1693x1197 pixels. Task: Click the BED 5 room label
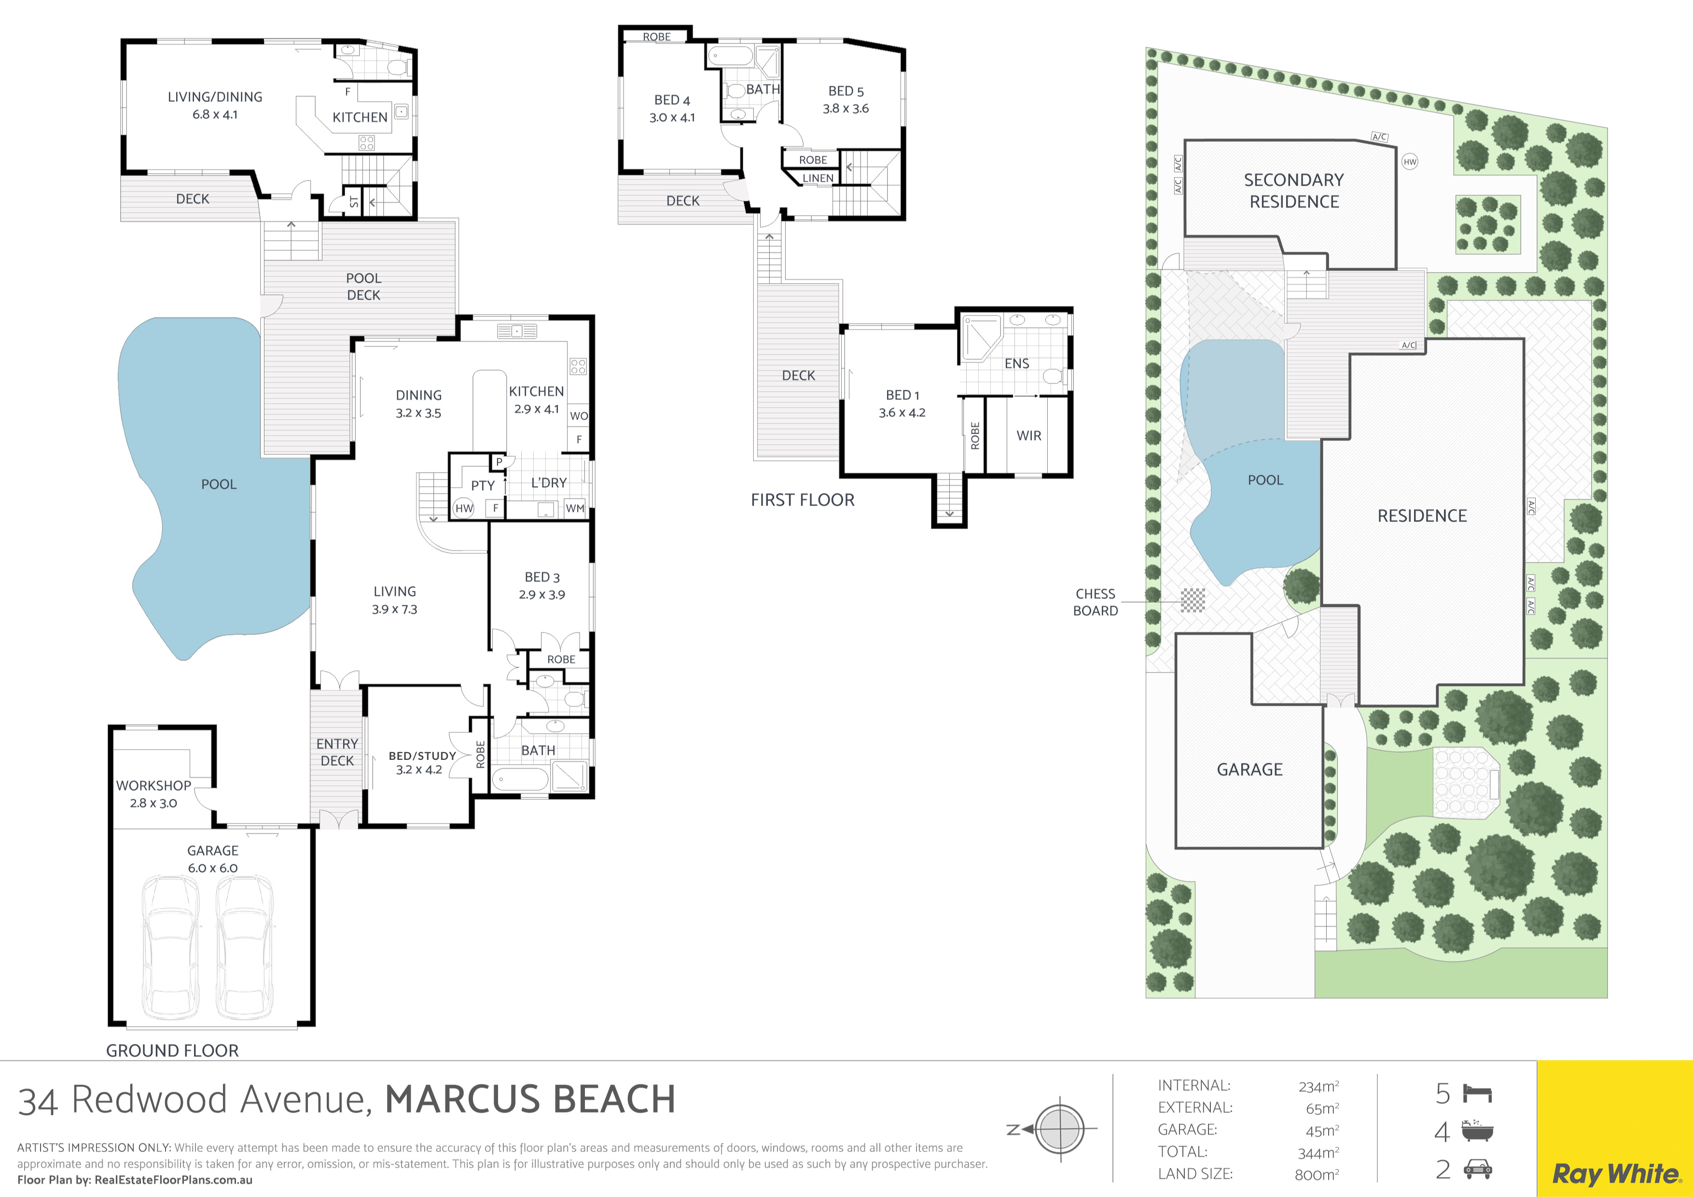point(846,91)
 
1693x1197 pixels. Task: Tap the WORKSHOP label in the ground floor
point(153,786)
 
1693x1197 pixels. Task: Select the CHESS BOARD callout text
point(1096,602)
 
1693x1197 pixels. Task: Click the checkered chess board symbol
point(1193,600)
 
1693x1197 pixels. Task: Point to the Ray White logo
point(1615,1173)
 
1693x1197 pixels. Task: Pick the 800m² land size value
point(1317,1175)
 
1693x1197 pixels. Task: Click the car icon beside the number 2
point(1478,1169)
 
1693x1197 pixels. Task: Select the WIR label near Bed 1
point(1028,436)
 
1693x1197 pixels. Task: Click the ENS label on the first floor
point(1017,363)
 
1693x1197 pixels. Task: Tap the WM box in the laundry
point(575,508)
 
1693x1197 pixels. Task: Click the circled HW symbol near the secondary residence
point(1410,162)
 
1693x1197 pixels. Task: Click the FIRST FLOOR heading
point(802,500)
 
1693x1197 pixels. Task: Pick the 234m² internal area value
point(1318,1087)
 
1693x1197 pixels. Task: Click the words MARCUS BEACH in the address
point(530,1099)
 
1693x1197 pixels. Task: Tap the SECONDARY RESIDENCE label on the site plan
point(1294,191)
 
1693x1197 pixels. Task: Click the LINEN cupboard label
point(818,179)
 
